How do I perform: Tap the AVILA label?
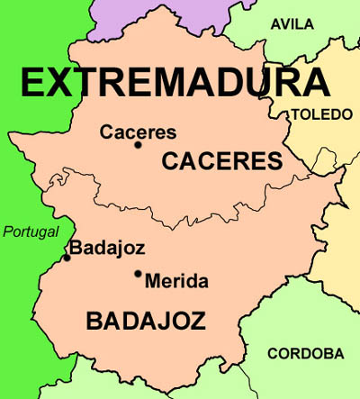(292, 24)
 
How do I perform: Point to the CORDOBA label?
(306, 353)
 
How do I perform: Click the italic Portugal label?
(30, 232)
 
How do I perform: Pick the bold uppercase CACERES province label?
(221, 161)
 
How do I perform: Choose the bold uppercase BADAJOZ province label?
(145, 321)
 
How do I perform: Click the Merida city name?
(175, 281)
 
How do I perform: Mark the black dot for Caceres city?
(138, 144)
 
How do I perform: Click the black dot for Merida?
(138, 274)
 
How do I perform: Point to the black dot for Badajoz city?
(66, 258)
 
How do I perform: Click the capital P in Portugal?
(8, 232)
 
